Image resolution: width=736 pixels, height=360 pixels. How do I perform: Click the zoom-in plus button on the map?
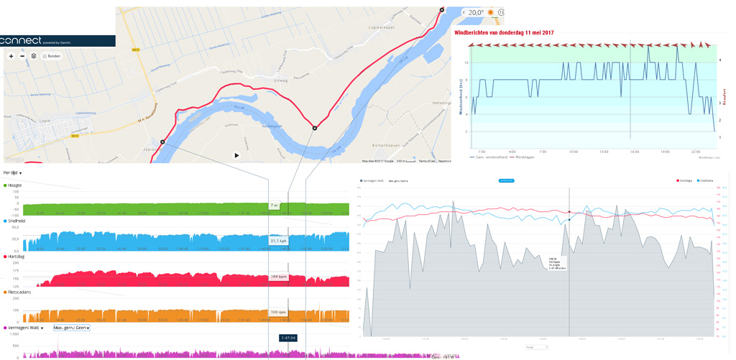point(11,56)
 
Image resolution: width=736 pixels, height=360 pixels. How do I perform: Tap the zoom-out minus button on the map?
point(22,56)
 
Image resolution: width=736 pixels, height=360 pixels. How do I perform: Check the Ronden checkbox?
point(45,56)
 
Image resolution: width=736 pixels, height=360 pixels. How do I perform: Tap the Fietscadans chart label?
point(18,292)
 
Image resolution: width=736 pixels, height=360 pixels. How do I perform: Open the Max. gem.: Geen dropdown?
point(72,328)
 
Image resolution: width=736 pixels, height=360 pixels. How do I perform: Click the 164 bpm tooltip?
point(279,277)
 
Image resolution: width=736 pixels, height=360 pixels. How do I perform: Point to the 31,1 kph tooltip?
point(279,241)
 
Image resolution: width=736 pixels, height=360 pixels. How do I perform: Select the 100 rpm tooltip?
point(279,312)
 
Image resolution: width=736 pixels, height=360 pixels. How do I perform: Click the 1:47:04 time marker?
point(288,338)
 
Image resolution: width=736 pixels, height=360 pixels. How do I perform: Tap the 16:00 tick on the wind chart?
point(635,152)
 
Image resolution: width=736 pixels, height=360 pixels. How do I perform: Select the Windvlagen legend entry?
point(525,157)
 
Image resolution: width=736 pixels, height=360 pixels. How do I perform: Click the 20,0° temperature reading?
point(476,13)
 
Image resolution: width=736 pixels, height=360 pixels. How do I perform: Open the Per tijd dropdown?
point(12,173)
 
